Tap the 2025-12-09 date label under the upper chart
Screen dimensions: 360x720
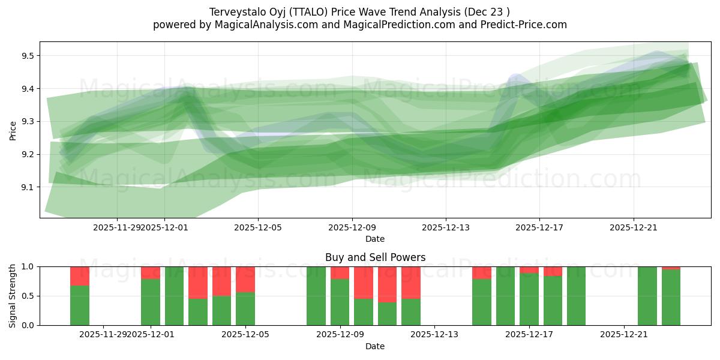[352, 227]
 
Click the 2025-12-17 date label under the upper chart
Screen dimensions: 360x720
[539, 227]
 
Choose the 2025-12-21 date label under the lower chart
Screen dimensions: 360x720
[624, 334]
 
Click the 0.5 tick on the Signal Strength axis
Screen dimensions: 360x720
[28, 296]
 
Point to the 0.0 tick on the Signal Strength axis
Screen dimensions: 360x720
[28, 325]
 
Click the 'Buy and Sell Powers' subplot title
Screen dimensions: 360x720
[375, 257]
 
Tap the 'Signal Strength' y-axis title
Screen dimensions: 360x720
[13, 296]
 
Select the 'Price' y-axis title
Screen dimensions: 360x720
[13, 130]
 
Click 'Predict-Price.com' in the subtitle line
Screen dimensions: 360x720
[526, 25]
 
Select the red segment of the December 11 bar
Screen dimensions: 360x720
[387, 284]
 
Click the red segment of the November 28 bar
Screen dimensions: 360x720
[80, 276]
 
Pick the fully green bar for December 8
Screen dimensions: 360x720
[316, 296]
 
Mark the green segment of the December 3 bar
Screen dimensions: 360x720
[198, 312]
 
